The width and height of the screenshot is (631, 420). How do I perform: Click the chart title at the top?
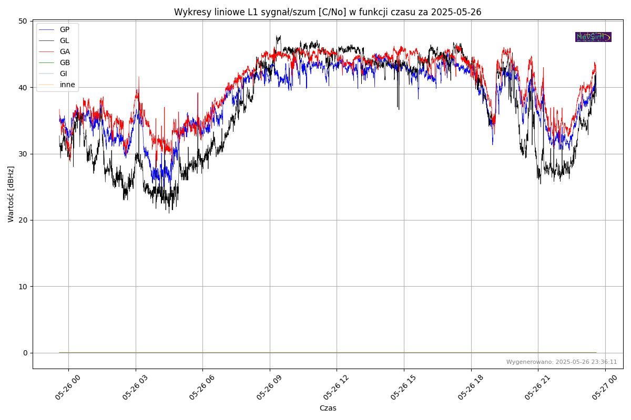328,12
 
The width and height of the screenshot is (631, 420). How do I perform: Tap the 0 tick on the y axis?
25,353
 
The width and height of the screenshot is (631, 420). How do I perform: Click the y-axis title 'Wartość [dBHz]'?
11,194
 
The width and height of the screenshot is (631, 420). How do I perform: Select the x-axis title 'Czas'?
328,408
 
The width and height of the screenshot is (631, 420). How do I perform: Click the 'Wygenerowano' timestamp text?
562,362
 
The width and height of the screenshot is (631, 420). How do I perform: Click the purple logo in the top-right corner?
593,37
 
